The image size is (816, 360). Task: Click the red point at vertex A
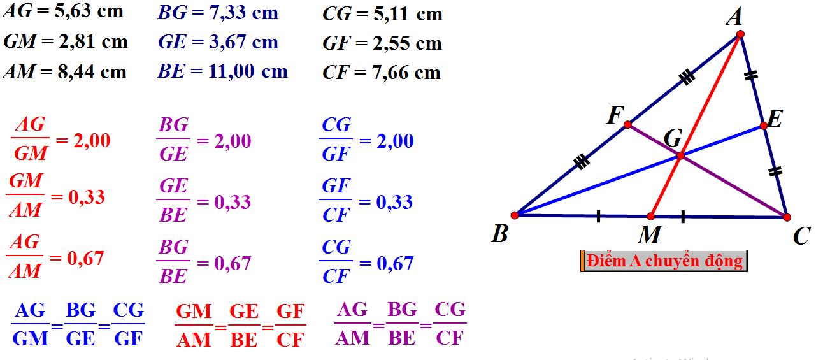[x=740, y=34]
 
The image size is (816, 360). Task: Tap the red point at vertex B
[x=515, y=215]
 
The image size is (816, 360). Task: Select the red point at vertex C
[x=786, y=217]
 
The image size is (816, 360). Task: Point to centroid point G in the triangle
[x=680, y=155]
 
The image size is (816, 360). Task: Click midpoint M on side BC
[x=650, y=217]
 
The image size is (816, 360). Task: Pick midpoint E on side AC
[x=763, y=126]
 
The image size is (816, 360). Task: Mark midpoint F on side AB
[x=627, y=125]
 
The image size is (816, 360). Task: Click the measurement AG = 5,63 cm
[x=63, y=11]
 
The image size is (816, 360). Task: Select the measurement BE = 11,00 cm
[x=222, y=71]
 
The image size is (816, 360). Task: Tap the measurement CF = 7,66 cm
[x=381, y=73]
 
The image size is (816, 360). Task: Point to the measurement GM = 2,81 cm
[x=66, y=42]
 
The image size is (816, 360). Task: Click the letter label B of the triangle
[x=500, y=234]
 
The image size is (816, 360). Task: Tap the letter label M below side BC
[x=650, y=236]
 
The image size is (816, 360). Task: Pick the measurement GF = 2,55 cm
[x=382, y=43]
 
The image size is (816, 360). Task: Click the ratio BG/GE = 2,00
[x=204, y=141]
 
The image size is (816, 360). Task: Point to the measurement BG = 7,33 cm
[x=217, y=13]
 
